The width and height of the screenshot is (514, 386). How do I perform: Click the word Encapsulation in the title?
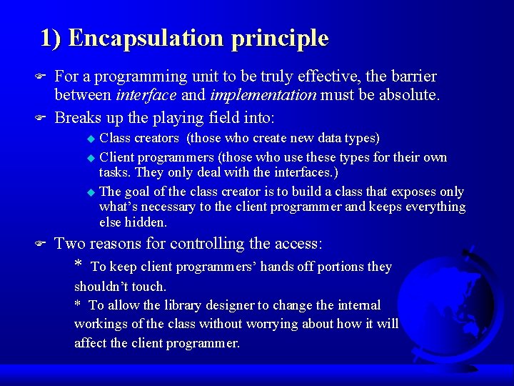pos(147,38)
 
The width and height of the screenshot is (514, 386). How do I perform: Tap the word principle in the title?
pos(280,38)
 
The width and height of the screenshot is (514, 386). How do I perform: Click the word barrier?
pos(412,76)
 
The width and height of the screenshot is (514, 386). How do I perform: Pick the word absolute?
pos(410,94)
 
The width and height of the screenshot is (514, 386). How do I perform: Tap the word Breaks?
pos(78,117)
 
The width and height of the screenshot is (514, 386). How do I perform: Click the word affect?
pos(94,343)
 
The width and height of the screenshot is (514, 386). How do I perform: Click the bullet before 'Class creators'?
pos(90,138)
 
